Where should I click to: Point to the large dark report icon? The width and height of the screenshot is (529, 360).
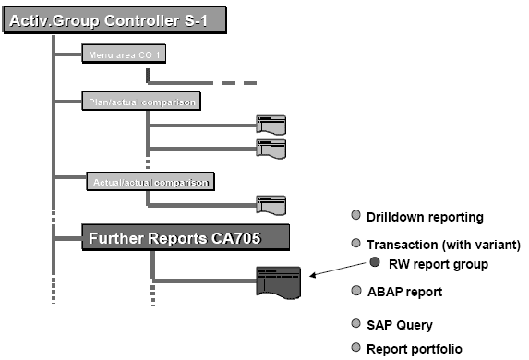[x=279, y=281]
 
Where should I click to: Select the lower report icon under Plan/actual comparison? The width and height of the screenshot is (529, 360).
[x=271, y=148]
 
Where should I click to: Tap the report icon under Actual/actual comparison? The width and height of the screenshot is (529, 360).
[x=271, y=205]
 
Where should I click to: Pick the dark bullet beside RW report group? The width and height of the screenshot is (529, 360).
[x=376, y=262]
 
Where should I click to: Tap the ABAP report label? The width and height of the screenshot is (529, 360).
[x=404, y=292]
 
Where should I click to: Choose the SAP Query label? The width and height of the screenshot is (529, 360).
[x=399, y=325]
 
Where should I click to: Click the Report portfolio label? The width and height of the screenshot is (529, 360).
[x=414, y=349]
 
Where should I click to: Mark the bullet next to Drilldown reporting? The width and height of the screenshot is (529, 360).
[x=356, y=217]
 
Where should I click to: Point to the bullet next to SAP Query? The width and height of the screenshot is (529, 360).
[x=356, y=324]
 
